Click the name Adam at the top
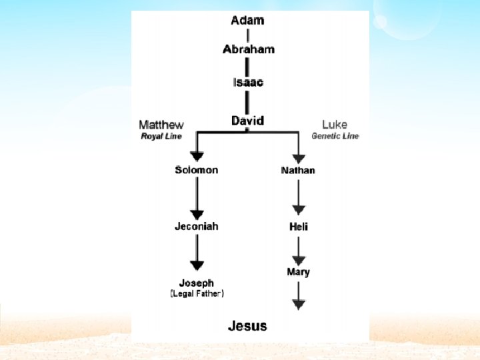(x=247, y=20)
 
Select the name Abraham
(x=248, y=49)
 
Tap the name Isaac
(x=248, y=83)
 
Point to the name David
(x=248, y=121)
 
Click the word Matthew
(x=161, y=125)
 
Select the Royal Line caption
(x=161, y=136)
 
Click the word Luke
(x=334, y=125)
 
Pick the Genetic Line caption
(x=335, y=136)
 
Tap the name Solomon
(x=196, y=170)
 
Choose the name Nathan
(x=298, y=171)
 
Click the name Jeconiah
(x=196, y=226)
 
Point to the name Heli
(x=298, y=227)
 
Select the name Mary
(x=298, y=272)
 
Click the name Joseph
(x=196, y=283)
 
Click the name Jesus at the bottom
(x=247, y=326)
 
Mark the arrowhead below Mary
(x=299, y=304)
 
